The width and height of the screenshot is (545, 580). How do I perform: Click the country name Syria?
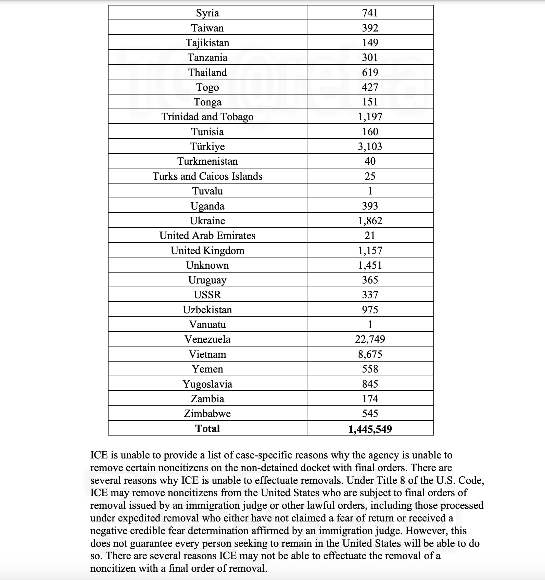pos(207,13)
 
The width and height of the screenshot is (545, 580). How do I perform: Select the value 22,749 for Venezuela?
pos(370,339)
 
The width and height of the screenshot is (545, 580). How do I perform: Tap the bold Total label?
pos(207,428)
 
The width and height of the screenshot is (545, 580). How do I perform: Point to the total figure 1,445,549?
pos(370,429)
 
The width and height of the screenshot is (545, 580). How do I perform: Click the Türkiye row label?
pos(207,147)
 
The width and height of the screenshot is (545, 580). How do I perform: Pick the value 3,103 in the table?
pos(370,147)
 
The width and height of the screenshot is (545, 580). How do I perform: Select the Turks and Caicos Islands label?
pos(207,176)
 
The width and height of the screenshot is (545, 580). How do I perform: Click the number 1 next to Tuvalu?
pos(370,191)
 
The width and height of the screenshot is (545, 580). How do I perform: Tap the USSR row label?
pos(207,295)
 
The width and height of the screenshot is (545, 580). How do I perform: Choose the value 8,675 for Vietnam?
pos(370,354)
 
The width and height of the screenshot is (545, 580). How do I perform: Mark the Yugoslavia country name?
pos(207,384)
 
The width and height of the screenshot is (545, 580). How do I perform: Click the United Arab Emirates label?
pos(207,236)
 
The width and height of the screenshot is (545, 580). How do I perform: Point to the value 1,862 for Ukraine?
pos(370,221)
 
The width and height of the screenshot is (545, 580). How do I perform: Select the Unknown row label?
pos(207,265)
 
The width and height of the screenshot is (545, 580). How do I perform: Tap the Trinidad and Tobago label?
pos(207,117)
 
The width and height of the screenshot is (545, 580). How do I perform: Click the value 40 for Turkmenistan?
pos(370,161)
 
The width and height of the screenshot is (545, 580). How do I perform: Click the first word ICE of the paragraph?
pos(99,455)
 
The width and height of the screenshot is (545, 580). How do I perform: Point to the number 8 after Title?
pos(402,480)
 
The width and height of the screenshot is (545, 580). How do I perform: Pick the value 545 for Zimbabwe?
pos(370,414)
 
